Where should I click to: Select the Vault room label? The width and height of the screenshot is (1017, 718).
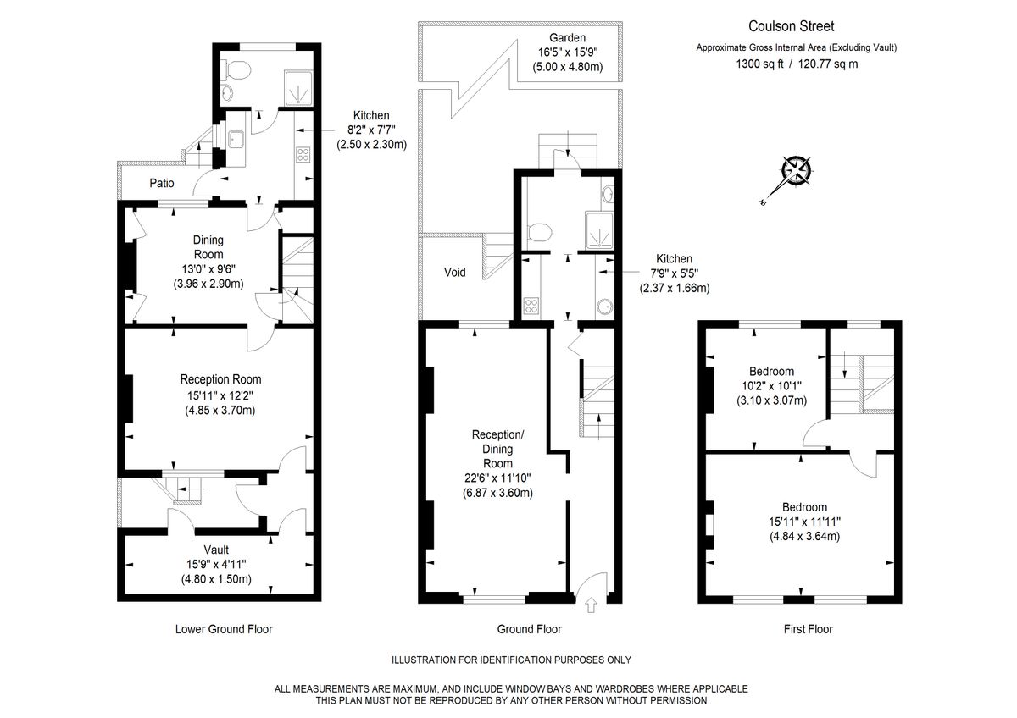(216, 550)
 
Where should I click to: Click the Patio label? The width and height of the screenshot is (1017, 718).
(162, 182)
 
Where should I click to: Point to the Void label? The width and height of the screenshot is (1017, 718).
(454, 273)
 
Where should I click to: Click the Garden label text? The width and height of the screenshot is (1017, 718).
(567, 37)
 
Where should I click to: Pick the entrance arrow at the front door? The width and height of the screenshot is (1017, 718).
(590, 605)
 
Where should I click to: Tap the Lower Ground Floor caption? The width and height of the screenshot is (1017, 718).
(223, 629)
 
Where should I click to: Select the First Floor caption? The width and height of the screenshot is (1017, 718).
(808, 629)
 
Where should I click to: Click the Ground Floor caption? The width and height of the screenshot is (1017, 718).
(529, 629)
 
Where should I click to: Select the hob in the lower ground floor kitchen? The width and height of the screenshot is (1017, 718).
(303, 154)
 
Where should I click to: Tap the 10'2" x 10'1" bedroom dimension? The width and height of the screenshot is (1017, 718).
(771, 386)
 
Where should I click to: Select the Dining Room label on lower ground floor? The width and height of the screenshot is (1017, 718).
(208, 247)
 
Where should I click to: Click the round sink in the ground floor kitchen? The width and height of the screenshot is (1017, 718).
(603, 307)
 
